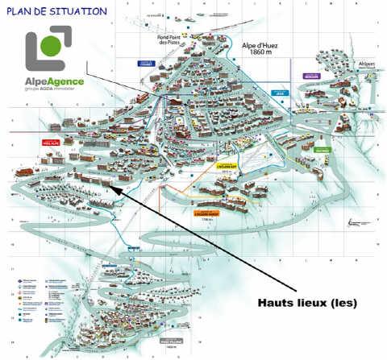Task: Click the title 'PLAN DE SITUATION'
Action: [56, 11]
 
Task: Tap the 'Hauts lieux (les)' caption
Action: [307, 303]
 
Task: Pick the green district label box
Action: [322, 149]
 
